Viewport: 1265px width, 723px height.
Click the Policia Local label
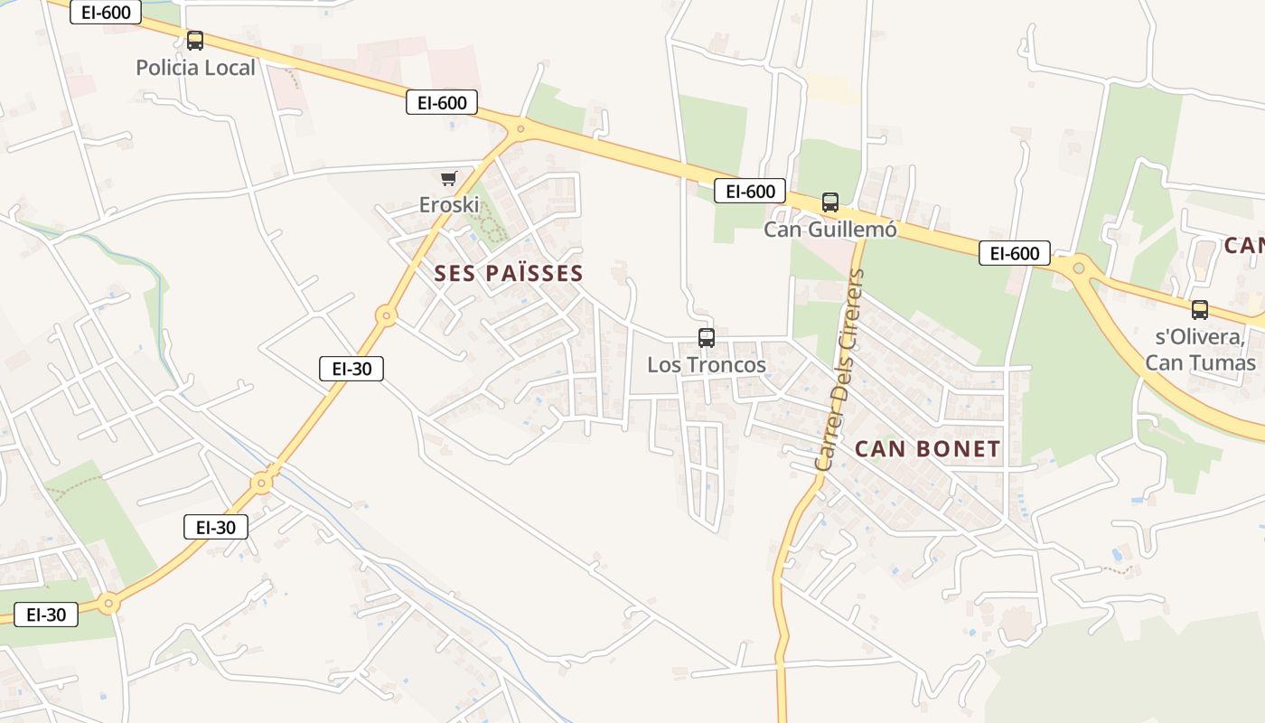click(x=195, y=68)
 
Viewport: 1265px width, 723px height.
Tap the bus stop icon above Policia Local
click(x=195, y=40)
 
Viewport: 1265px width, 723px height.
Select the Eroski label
click(x=449, y=205)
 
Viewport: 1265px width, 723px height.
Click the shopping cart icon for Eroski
click(x=449, y=178)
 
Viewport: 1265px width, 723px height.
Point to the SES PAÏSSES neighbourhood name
click(x=509, y=273)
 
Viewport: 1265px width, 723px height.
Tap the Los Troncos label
click(x=707, y=365)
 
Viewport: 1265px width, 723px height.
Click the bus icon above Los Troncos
click(x=707, y=338)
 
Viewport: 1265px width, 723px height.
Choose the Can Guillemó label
click(x=830, y=230)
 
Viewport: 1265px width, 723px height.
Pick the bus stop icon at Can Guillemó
click(x=830, y=202)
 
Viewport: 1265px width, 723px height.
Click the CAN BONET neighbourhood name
click(x=928, y=449)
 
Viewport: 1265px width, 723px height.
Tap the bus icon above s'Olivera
click(x=1200, y=310)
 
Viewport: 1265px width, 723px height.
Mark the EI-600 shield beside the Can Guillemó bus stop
click(x=750, y=191)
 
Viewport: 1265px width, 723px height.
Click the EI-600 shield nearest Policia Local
click(x=106, y=12)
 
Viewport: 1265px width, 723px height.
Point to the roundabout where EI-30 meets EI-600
click(x=520, y=130)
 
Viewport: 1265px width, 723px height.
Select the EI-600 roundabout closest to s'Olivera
click(x=1078, y=268)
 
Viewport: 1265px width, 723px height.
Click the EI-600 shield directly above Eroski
click(x=442, y=102)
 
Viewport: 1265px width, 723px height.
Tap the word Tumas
click(x=1226, y=363)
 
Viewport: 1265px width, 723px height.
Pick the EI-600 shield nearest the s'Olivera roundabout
click(x=1015, y=253)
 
